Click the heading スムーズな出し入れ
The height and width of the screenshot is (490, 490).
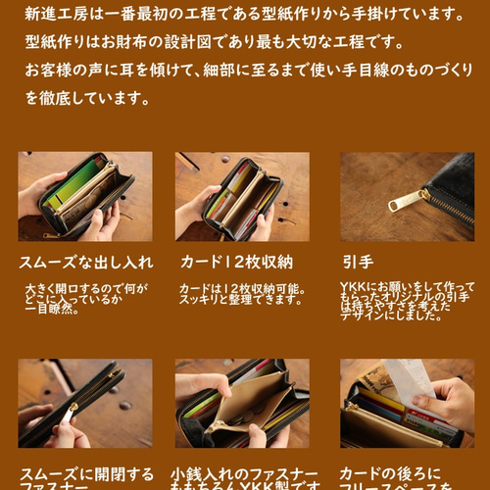[85, 263]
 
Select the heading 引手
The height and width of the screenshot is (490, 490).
[358, 263]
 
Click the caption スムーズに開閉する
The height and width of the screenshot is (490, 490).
[86, 473]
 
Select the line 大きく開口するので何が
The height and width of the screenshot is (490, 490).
[87, 289]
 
